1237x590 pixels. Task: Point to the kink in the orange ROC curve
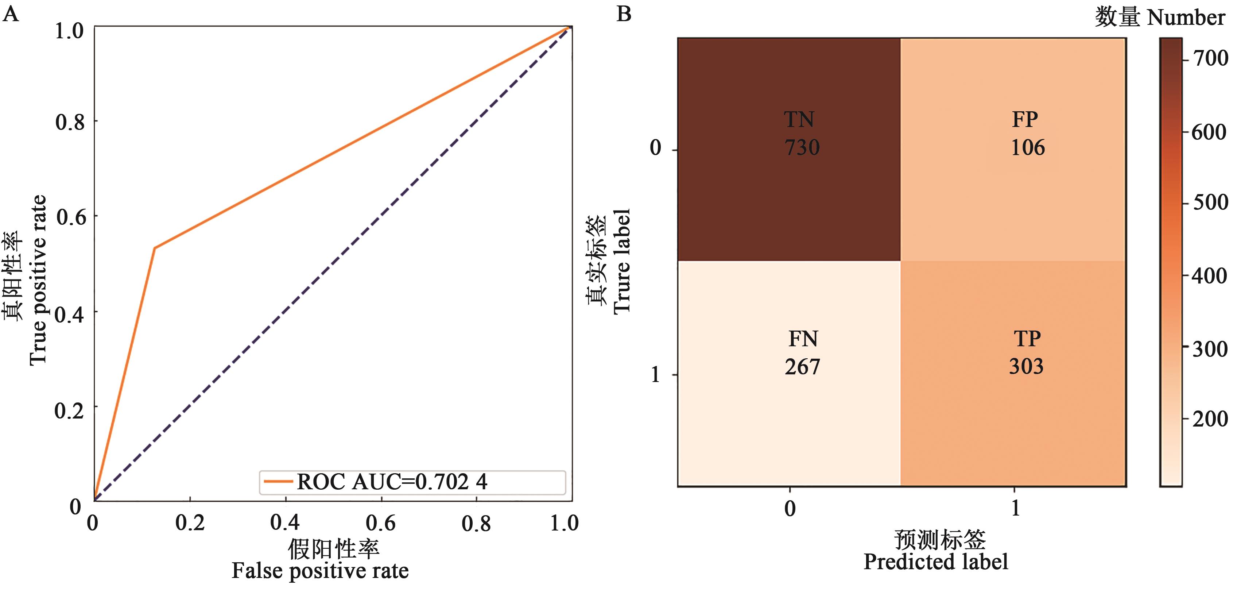[x=155, y=248]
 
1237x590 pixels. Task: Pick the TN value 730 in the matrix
[x=802, y=147]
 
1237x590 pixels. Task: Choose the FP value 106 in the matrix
[x=1028, y=147]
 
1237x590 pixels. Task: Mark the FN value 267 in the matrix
[x=802, y=367]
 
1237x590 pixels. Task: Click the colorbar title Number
[x=1186, y=18]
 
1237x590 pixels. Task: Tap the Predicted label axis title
[x=935, y=561]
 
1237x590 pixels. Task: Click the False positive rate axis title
[x=320, y=571]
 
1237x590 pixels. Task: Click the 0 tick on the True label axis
[x=655, y=147]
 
